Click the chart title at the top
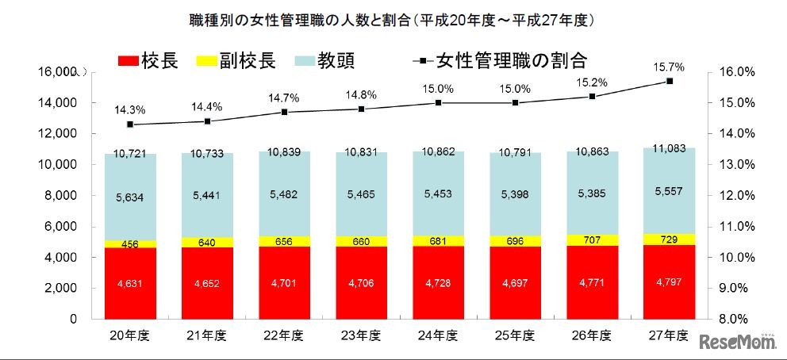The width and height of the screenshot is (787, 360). pyautogui.click(x=393, y=17)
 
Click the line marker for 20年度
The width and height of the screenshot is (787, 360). pyautogui.click(x=129, y=124)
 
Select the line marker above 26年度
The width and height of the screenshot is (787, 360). pyautogui.click(x=593, y=96)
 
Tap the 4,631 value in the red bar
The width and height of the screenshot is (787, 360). pyautogui.click(x=129, y=282)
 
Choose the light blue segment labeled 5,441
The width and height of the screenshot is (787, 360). pyautogui.click(x=206, y=193)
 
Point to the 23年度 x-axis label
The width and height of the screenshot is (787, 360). pyautogui.click(x=361, y=335)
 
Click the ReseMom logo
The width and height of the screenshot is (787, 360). pyautogui.click(x=739, y=343)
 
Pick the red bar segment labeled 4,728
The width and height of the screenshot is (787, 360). pyautogui.click(x=439, y=282)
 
